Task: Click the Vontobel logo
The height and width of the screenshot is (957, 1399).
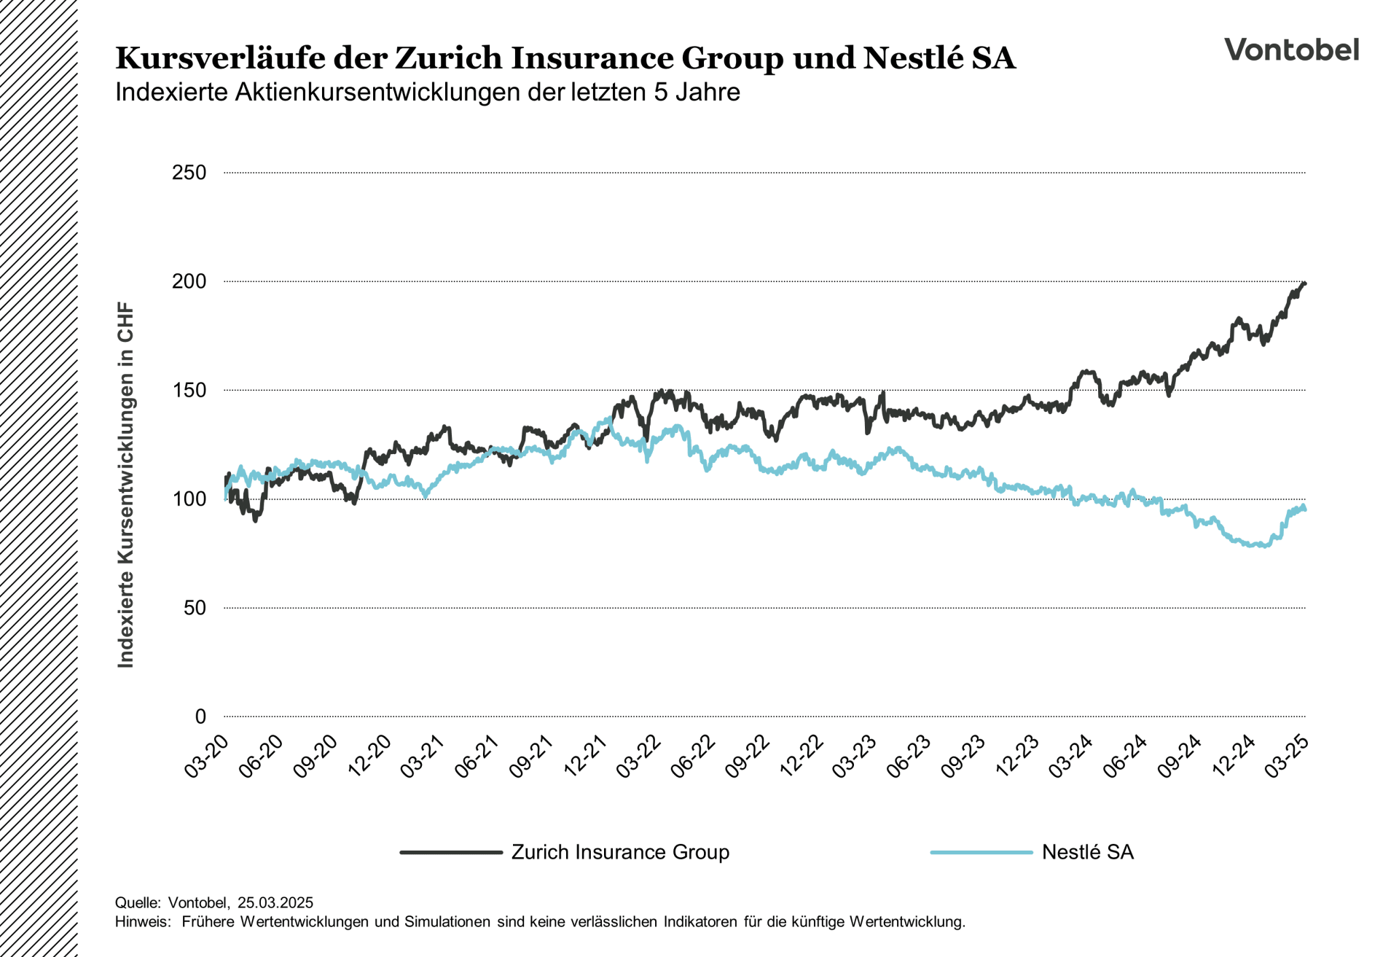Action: (1291, 50)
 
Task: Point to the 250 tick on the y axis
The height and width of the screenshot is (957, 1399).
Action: (189, 173)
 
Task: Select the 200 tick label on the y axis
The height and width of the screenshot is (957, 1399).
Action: (189, 281)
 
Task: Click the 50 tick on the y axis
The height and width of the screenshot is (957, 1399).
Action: (195, 608)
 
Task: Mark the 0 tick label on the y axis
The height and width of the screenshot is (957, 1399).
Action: (200, 716)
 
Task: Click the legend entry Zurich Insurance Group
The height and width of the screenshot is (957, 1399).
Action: (619, 852)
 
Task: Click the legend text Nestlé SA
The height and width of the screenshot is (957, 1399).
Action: (1087, 852)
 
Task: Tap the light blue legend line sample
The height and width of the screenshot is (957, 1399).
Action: (981, 852)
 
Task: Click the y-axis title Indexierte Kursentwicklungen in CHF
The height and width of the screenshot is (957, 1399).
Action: (126, 485)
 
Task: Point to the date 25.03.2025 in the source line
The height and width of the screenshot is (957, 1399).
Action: (275, 903)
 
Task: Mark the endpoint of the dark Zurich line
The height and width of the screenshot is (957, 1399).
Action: (1304, 284)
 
